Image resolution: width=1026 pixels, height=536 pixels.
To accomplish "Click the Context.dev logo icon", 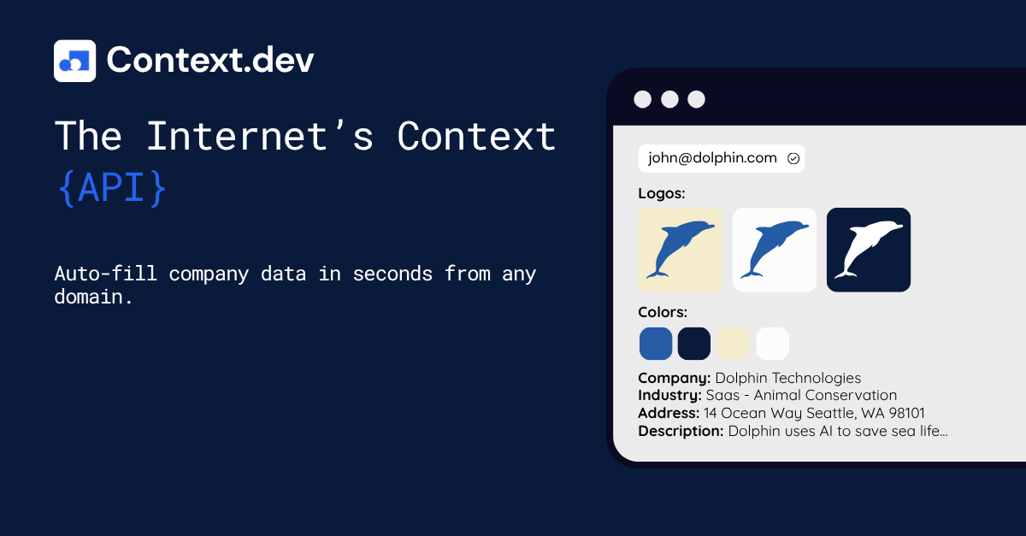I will click(x=74, y=61).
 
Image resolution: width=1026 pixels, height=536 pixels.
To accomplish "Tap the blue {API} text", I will click(x=112, y=189).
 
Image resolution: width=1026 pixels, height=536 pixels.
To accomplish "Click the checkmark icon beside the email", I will click(x=793, y=158).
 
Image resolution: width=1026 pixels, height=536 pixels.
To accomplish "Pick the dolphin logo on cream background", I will click(x=681, y=250).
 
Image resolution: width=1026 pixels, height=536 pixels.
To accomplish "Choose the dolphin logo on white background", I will click(x=775, y=250).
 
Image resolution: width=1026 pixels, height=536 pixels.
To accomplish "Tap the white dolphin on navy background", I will click(x=869, y=250).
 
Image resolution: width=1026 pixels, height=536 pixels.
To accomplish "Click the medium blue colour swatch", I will click(x=656, y=344).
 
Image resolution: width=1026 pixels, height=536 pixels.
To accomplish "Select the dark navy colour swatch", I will click(x=694, y=344).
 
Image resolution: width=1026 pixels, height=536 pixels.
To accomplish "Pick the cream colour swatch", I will click(x=734, y=344).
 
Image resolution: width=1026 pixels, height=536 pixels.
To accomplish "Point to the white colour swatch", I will click(x=773, y=344).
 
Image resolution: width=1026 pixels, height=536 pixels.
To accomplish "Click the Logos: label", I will click(x=662, y=194).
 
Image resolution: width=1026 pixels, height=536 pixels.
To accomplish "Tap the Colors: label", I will click(x=663, y=312).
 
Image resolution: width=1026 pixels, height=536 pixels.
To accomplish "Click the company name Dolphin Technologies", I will click(x=787, y=378).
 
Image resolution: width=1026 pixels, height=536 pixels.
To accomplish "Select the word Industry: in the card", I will click(x=669, y=396).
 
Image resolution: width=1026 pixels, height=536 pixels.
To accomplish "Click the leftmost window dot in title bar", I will click(x=642, y=99).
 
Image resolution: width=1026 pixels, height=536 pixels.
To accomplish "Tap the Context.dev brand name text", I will click(x=210, y=60).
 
